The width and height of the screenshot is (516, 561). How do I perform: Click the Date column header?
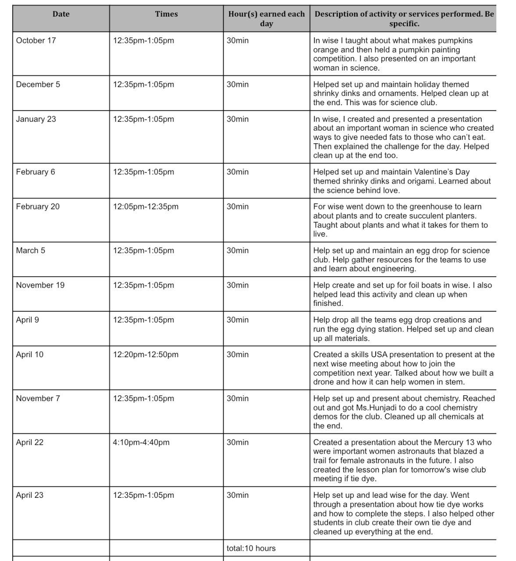(x=61, y=14)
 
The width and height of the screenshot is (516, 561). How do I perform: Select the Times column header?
(x=166, y=14)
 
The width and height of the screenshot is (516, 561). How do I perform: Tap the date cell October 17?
(x=36, y=41)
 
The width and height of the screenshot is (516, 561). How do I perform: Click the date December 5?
(x=38, y=85)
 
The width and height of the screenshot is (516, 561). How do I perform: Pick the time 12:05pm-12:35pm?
(x=146, y=207)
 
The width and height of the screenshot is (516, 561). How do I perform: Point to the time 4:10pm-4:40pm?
(x=141, y=443)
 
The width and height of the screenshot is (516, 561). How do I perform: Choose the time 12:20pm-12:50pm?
(x=146, y=355)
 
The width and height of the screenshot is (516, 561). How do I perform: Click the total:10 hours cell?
(x=251, y=548)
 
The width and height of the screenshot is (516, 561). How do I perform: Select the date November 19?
(x=40, y=285)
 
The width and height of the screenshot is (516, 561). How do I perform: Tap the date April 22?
(x=30, y=443)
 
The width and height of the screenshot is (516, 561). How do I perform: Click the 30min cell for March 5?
(x=238, y=251)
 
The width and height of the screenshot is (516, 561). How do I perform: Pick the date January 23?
(x=36, y=119)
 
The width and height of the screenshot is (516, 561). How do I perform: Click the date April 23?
(x=30, y=495)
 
